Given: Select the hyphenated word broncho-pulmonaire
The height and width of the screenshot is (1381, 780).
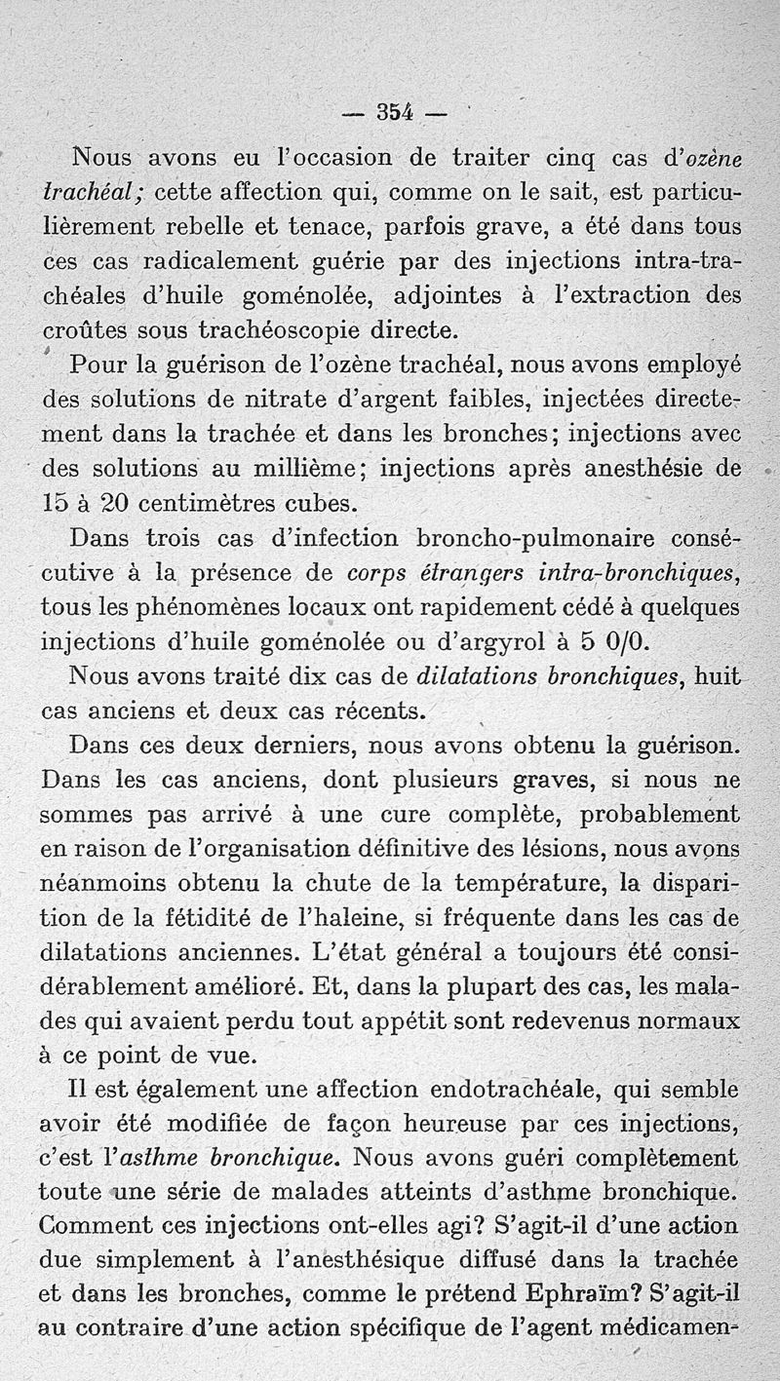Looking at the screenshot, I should pos(536,538).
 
